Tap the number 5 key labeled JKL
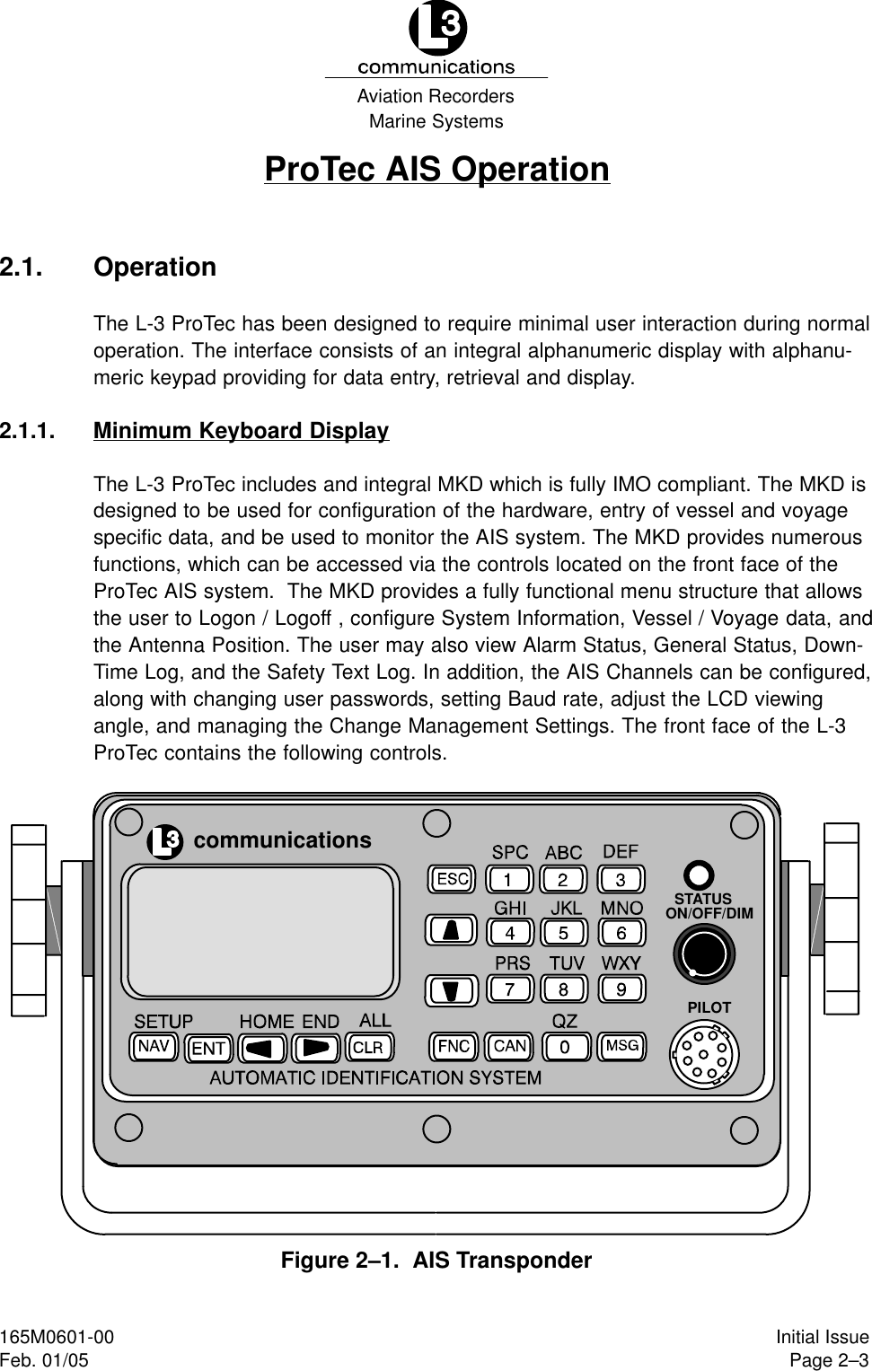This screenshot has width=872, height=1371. (564, 933)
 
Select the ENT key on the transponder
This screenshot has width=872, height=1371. (209, 1048)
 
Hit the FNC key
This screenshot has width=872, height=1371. (454, 1046)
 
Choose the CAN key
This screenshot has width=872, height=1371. (510, 1046)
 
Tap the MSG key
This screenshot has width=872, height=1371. (621, 1046)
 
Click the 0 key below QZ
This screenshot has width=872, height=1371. (564, 1047)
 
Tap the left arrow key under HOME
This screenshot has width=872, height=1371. (263, 1048)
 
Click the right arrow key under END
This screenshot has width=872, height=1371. (316, 1048)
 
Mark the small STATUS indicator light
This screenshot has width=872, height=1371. (699, 874)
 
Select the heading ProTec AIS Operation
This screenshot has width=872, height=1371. (436, 169)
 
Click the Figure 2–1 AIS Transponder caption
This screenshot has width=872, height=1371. (436, 1260)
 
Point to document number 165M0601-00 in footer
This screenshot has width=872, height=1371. (57, 1338)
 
